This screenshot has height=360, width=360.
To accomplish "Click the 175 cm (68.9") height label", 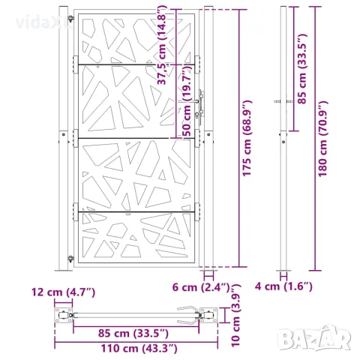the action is pos(247,138).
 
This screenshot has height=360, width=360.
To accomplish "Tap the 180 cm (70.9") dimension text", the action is pos(322,139).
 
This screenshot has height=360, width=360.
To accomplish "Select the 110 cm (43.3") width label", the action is pos(139,348).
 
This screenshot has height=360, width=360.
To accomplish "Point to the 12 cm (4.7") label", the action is pos(63,292).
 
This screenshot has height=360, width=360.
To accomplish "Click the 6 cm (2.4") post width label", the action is pos(201,287).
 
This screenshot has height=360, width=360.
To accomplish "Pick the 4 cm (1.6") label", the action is pos(283,286).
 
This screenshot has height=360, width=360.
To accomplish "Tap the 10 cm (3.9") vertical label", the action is pos(235,316).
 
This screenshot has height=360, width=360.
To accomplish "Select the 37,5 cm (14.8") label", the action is pos(162,46).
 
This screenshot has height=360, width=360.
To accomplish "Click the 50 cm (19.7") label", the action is pos(187,100).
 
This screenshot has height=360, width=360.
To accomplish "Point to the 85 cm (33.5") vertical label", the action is pos(302,69).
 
